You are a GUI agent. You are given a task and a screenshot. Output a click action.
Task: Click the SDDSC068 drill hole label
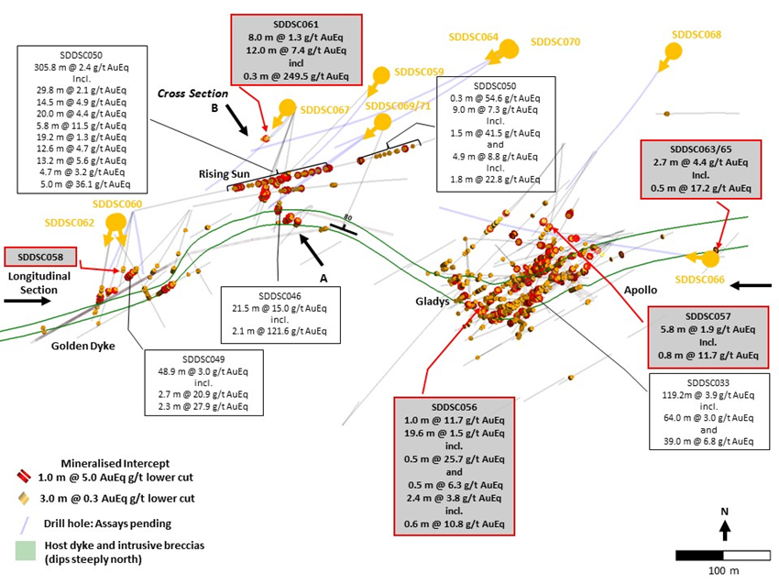click(697, 35)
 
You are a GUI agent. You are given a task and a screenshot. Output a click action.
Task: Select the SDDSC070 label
click(556, 41)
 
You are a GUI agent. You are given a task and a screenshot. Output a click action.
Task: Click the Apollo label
click(641, 290)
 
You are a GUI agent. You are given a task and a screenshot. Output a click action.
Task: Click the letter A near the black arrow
click(324, 278)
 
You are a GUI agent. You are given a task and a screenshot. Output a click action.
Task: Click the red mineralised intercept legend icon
click(24, 477)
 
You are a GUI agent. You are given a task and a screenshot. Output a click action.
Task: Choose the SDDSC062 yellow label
click(68, 223)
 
